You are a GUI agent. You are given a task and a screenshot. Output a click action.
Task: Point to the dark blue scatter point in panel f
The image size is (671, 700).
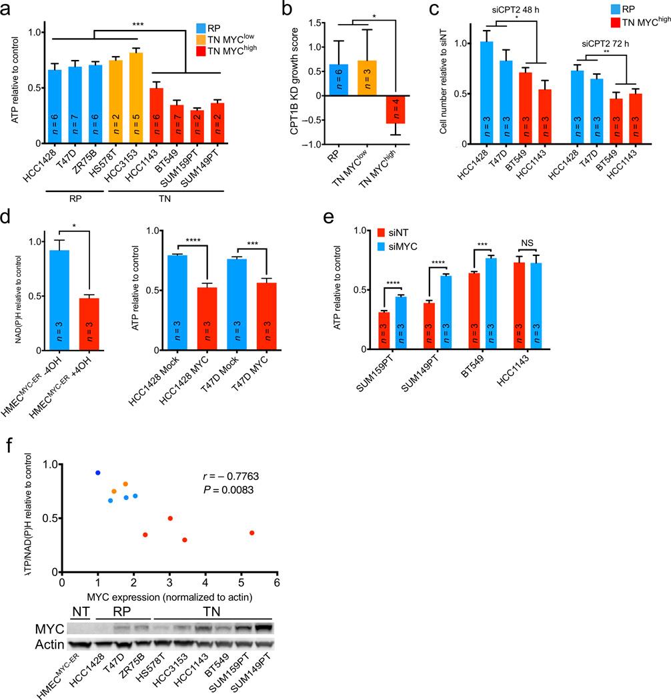click(98, 473)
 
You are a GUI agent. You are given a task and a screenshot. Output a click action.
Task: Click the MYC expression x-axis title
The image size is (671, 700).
click(169, 597)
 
